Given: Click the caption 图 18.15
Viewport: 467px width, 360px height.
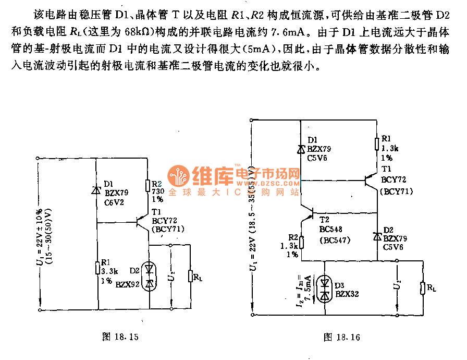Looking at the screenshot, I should click(120, 337).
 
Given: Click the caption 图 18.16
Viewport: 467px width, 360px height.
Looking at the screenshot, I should click(342, 337).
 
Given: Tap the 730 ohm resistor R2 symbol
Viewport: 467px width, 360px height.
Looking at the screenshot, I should click(148, 186).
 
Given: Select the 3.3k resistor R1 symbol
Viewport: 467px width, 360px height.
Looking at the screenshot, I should click(97, 268).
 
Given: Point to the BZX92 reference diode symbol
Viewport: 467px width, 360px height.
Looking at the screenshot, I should click(150, 275).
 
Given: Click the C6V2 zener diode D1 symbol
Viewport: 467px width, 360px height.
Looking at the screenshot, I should click(97, 190).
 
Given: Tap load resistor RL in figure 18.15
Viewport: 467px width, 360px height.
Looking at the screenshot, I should click(191, 277).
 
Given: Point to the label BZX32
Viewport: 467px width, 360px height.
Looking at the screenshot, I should click(348, 294).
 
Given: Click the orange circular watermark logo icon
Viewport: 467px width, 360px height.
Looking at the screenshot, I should click(178, 177).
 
